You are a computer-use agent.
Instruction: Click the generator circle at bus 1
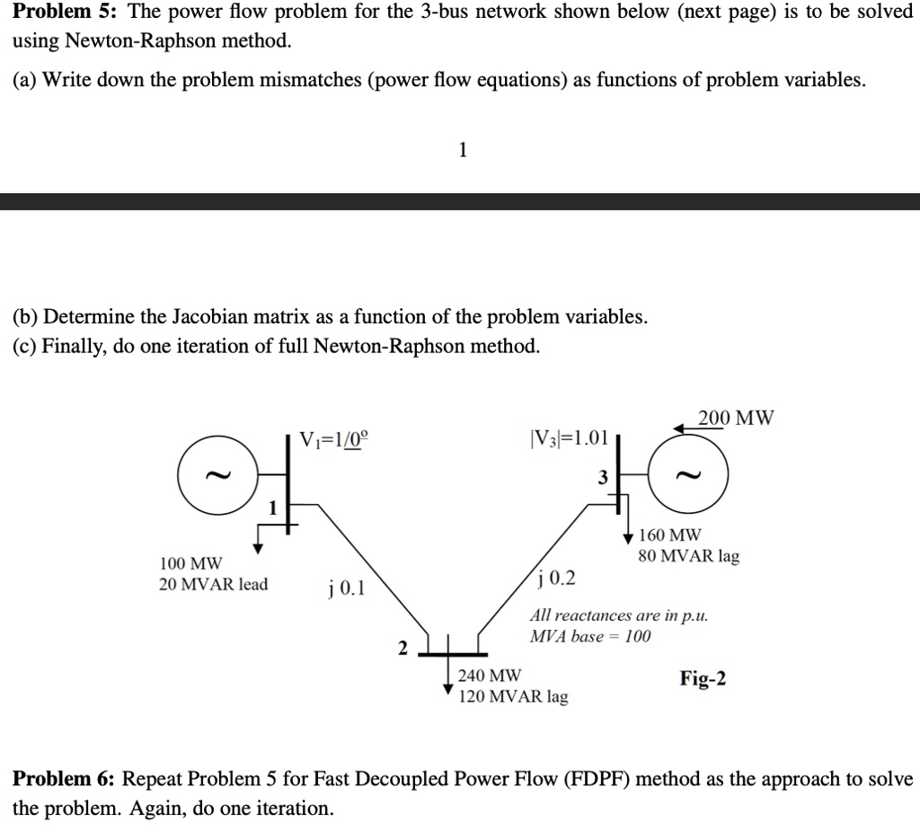click(x=179, y=474)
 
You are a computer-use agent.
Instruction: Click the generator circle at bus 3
click(x=728, y=474)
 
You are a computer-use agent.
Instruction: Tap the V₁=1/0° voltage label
click(x=334, y=439)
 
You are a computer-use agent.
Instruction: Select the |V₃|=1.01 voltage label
click(x=569, y=438)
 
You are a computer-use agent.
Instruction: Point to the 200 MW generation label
click(x=736, y=418)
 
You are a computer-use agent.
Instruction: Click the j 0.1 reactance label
click(x=347, y=588)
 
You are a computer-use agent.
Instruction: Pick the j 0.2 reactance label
click(x=555, y=579)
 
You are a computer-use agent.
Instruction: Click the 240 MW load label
click(x=490, y=676)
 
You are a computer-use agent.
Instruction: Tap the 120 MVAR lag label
click(x=513, y=696)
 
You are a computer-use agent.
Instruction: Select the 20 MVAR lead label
click(x=214, y=585)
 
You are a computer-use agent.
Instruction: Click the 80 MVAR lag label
click(x=689, y=556)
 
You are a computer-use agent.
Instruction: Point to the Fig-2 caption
click(x=703, y=678)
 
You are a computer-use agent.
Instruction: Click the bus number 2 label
click(x=402, y=649)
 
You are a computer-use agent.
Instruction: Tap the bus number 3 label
click(x=603, y=478)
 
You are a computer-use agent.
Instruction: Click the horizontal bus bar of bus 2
click(x=453, y=654)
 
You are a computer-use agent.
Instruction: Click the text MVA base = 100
click(x=590, y=636)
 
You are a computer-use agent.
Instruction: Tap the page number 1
click(x=463, y=150)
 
